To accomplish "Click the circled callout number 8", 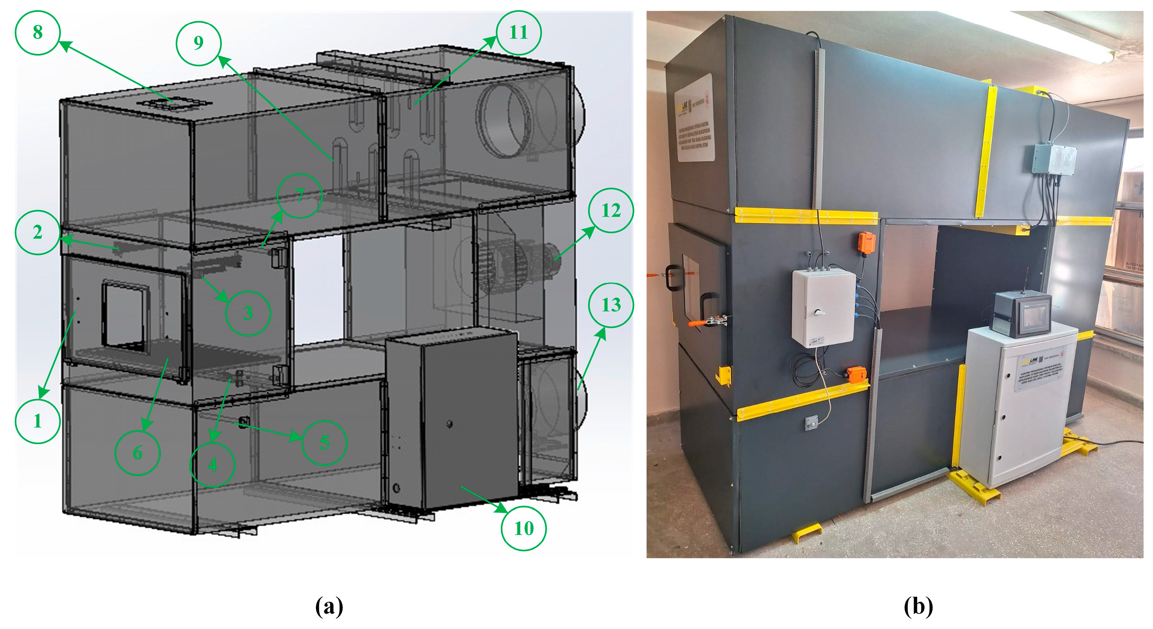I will (38, 33).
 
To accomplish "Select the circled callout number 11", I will (518, 33).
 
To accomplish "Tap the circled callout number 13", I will (611, 305).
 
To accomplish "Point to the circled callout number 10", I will (524, 528).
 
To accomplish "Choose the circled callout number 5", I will (324, 443).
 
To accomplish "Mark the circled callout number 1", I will (38, 422).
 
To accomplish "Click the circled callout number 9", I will (198, 43).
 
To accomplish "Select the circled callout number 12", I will (611, 210).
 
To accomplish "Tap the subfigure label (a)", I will (329, 607).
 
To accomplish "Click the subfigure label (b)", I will (918, 607).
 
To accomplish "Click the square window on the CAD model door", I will (125, 315).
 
